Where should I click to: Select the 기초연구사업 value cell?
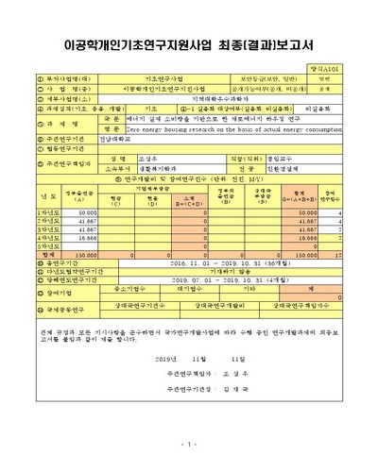pyautogui.click(x=164, y=80)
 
